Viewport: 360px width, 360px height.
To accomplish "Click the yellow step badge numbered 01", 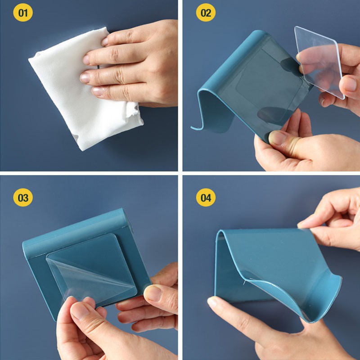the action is coord(23,13).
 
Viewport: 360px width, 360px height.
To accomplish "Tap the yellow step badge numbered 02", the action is coord(206,13).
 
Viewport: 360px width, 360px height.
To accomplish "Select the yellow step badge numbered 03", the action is coord(23,198).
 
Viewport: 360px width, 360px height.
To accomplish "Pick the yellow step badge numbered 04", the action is coord(206,198).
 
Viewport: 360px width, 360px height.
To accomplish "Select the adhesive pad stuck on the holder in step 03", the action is coord(91,269).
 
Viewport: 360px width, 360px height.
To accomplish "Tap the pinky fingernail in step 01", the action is coord(97,91).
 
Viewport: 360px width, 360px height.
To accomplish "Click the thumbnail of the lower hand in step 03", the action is coord(80,311).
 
